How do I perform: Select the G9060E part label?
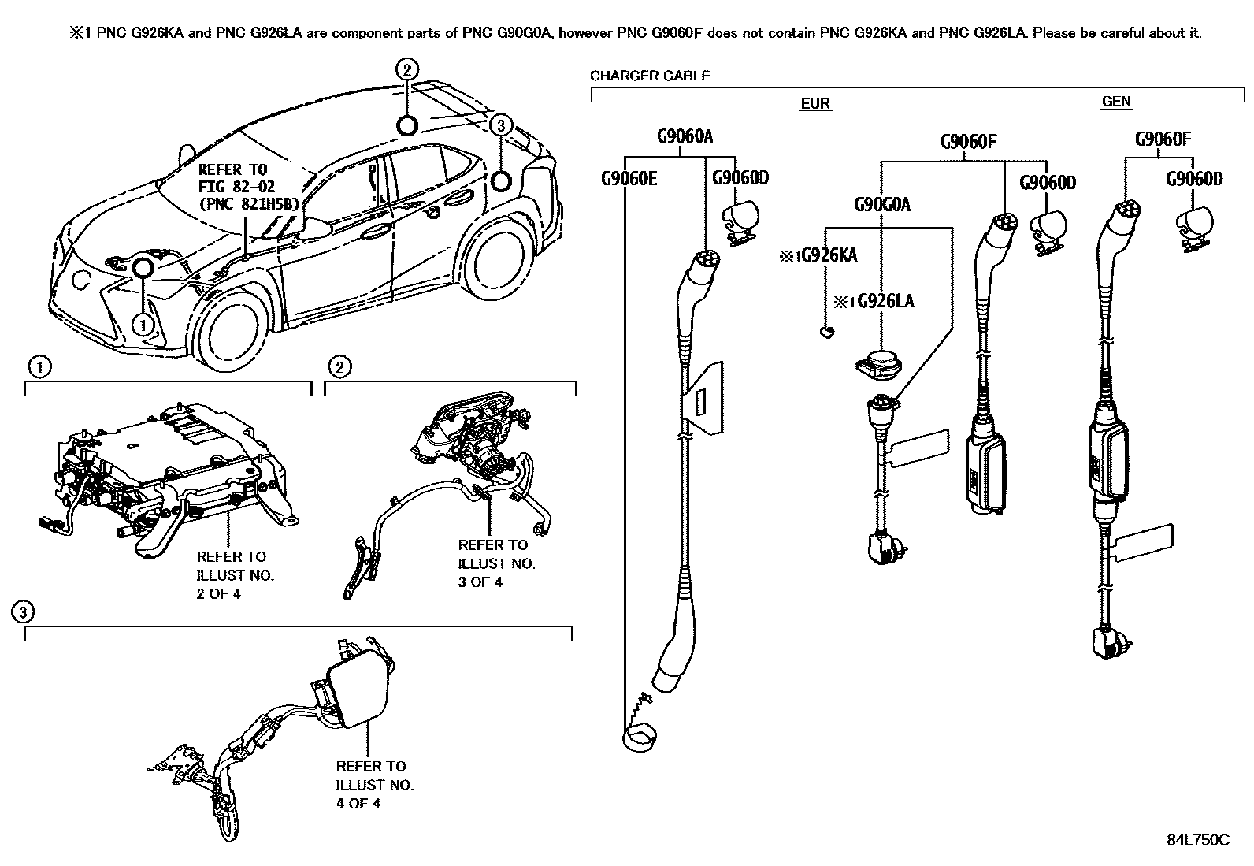click(629, 178)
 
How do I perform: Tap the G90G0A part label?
click(881, 205)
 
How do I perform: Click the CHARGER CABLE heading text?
click(649, 76)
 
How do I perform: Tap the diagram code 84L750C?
click(1197, 840)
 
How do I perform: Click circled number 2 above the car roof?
click(406, 70)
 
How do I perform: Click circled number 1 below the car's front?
click(143, 323)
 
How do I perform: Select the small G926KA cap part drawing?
click(825, 333)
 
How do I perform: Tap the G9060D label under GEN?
click(1193, 180)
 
